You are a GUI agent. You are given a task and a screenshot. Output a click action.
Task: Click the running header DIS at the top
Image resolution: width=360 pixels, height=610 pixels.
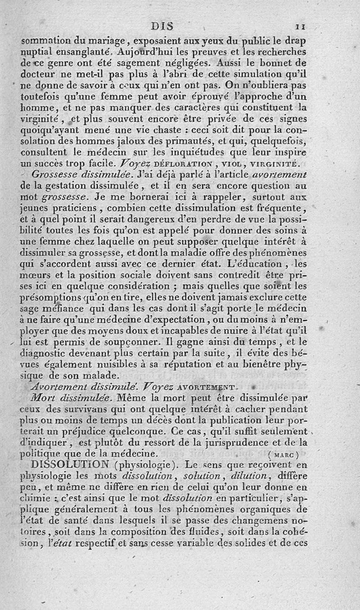[162, 26]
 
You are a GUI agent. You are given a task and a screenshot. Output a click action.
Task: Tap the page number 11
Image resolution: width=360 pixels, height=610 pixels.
[301, 27]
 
